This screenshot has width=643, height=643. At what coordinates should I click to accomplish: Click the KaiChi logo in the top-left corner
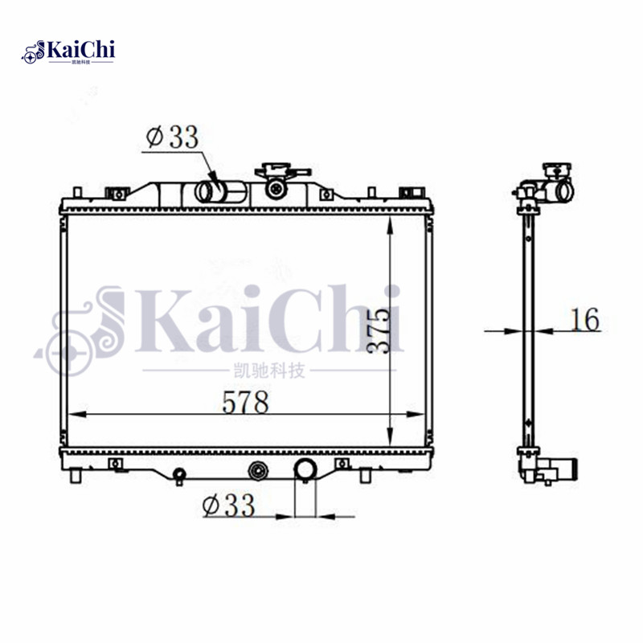tap(69, 51)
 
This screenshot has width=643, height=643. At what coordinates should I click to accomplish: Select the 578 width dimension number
tap(246, 401)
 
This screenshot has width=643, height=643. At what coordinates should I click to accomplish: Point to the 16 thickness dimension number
tap(584, 319)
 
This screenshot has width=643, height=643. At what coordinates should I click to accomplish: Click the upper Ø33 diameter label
tap(172, 137)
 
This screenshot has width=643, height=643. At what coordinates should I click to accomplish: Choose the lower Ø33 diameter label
tap(229, 505)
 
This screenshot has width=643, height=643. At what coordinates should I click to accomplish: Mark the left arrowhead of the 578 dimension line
tap(72, 415)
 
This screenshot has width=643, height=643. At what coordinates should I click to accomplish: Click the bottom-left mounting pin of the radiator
tap(76, 476)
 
